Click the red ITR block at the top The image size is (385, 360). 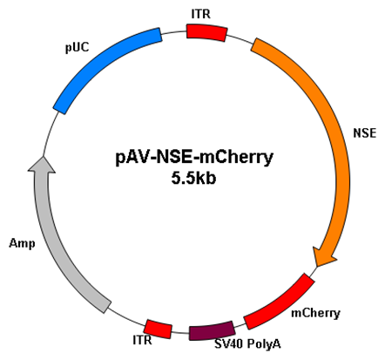206,32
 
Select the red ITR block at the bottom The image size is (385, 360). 159,329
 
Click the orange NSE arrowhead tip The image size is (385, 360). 318,266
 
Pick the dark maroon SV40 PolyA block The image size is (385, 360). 212,330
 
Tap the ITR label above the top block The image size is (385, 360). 200,14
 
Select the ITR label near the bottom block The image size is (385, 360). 142,340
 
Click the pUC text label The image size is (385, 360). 78,47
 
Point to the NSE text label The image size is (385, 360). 365,133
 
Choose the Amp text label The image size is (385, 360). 22,243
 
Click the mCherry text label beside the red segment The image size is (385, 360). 315,313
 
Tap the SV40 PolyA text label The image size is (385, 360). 247,344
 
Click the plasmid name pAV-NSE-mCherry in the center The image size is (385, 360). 194,157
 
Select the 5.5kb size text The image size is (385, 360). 193,178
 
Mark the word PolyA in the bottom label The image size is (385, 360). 264,344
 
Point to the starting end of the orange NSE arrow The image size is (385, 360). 254,44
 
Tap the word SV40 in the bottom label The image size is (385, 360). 228,344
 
